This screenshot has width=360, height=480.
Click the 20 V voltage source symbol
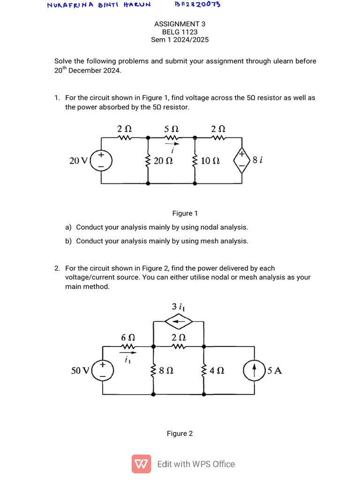[100, 160]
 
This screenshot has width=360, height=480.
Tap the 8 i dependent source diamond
[242, 160]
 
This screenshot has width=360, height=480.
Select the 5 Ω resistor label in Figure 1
[171, 128]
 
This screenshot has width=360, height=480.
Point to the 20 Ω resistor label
[164, 161]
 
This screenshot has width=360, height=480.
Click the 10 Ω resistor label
[210, 161]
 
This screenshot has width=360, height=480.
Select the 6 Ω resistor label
[128, 337]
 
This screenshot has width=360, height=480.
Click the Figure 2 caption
[180, 434]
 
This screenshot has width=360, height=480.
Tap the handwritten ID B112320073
[197, 4]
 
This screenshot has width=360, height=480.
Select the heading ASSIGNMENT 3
[180, 24]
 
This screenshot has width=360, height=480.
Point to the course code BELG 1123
[180, 32]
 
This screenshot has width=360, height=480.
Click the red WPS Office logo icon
[141, 464]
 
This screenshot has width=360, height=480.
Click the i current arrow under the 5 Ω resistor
[173, 145]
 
